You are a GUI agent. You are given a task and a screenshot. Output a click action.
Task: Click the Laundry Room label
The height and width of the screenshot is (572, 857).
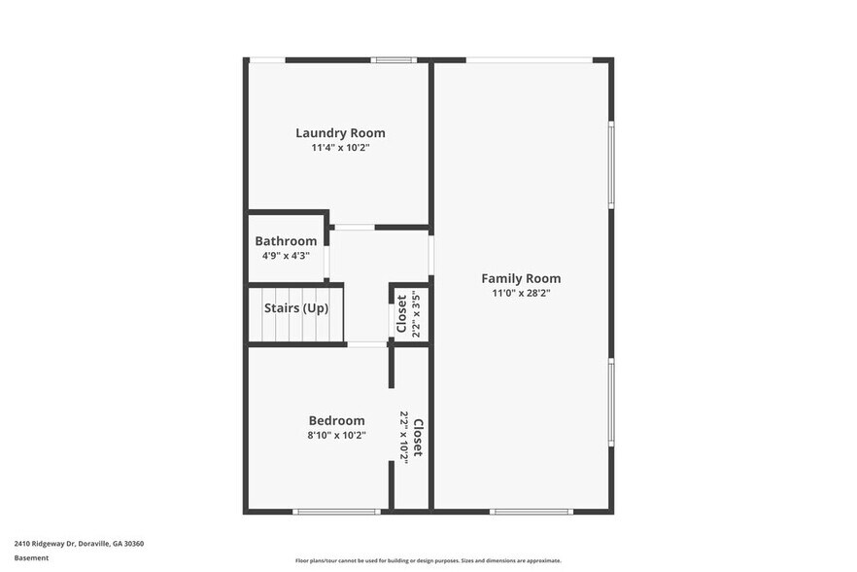340,133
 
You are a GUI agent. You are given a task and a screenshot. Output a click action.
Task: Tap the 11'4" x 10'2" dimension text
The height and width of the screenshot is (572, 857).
340,148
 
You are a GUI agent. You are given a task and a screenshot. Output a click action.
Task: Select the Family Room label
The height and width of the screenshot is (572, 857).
521,278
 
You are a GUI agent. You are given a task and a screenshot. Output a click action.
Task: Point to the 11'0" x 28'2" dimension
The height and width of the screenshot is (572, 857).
521,293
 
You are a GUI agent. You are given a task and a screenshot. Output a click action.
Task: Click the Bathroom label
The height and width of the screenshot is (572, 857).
286,241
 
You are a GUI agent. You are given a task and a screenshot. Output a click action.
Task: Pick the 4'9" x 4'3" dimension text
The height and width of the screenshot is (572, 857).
286,256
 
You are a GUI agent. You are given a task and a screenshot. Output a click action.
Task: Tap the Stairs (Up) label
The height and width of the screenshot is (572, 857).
296,308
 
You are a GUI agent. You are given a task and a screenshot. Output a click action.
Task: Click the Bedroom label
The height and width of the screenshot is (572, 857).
337,420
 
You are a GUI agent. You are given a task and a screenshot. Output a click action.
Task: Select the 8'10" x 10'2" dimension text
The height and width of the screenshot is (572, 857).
337,435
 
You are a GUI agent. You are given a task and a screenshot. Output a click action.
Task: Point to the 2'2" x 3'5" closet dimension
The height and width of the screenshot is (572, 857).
416,313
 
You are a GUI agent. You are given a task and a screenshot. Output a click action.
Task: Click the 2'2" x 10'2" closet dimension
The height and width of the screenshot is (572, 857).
404,437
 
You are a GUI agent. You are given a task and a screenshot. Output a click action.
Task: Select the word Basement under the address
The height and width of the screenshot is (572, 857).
31,557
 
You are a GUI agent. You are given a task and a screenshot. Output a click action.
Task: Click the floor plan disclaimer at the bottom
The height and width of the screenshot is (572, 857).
428,560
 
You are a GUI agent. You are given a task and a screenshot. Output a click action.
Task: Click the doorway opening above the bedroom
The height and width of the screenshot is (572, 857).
367,344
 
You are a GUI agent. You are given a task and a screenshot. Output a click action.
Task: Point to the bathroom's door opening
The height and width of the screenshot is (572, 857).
327,262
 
